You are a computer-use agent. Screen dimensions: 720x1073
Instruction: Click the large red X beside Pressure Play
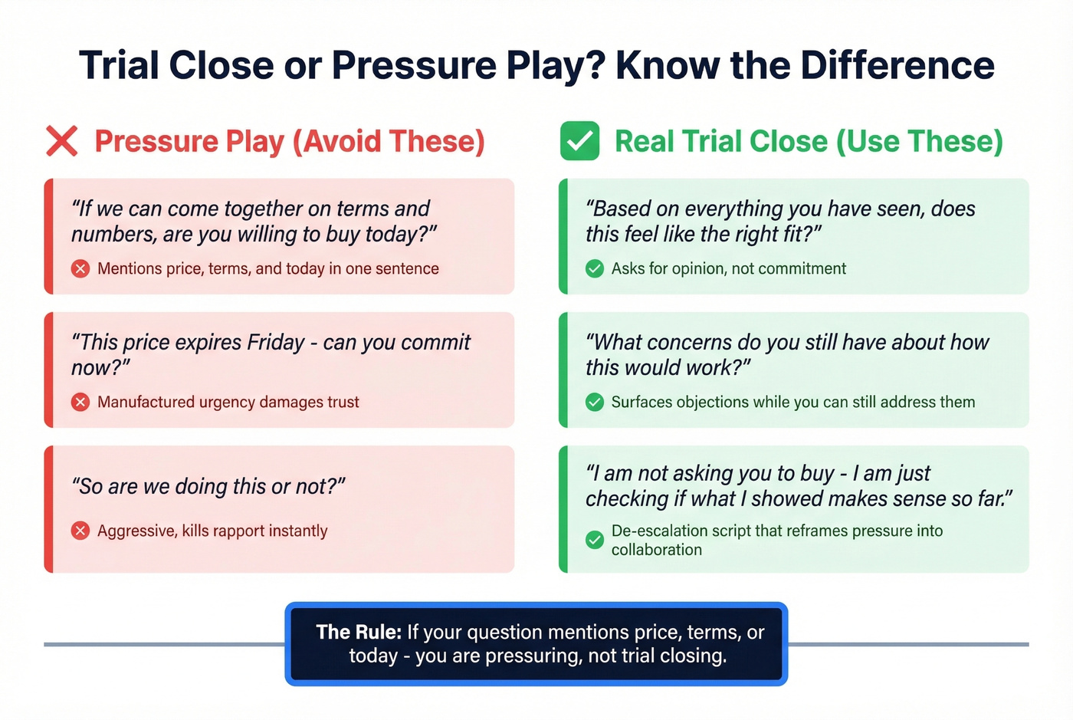click(62, 141)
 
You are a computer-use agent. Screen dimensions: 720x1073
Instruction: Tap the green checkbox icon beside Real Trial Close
click(579, 141)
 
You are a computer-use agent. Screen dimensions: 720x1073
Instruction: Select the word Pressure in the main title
click(414, 65)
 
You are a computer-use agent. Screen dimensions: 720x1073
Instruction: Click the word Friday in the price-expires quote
click(276, 342)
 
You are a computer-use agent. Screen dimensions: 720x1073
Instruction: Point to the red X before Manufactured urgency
click(80, 402)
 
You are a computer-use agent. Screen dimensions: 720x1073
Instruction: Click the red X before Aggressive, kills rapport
click(80, 531)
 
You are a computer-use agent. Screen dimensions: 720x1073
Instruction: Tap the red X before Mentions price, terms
click(80, 268)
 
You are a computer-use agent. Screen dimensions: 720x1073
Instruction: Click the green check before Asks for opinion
click(595, 268)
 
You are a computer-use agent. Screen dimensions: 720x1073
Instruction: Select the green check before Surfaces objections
click(595, 402)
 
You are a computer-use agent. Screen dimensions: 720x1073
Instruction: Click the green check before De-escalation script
click(595, 540)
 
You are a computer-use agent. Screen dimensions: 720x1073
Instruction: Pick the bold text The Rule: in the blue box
click(359, 632)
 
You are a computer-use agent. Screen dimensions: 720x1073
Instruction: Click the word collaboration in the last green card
click(656, 550)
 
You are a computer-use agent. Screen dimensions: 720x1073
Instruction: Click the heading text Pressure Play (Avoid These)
click(289, 141)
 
